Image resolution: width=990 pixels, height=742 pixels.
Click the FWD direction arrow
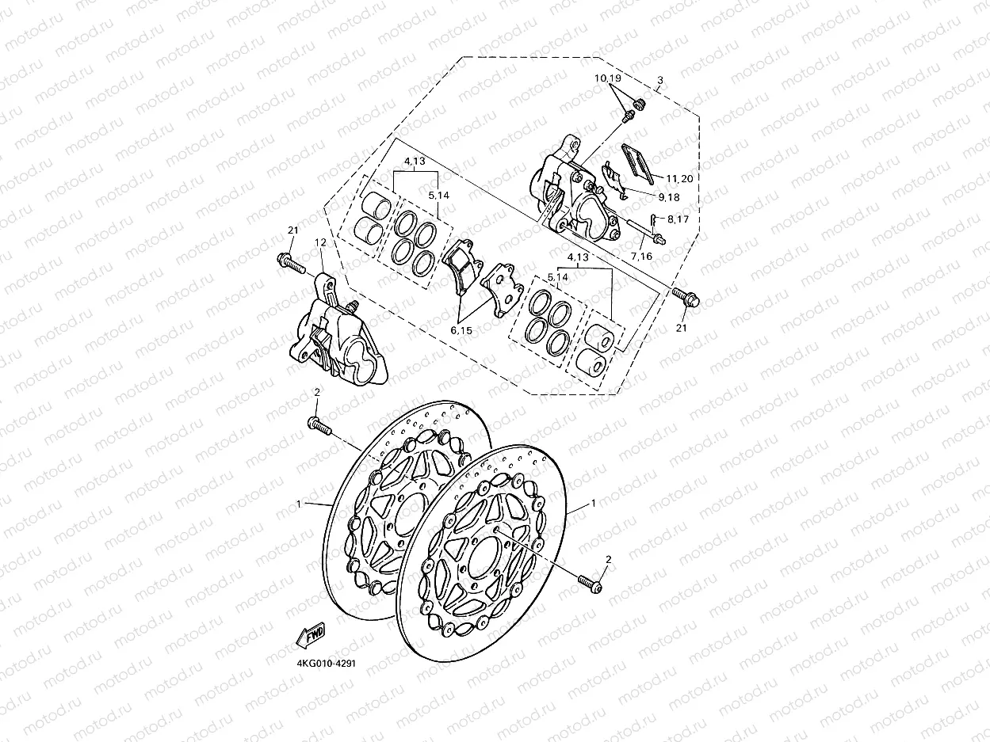310,634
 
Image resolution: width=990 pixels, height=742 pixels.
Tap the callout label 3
659,81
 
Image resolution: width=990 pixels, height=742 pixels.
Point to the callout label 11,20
679,179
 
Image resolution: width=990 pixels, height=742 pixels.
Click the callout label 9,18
667,196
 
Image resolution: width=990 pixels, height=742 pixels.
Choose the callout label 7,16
640,256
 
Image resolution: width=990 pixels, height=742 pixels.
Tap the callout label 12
321,242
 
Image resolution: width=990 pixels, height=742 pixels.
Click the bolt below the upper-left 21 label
291,263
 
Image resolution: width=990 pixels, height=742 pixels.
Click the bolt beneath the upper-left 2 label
319,426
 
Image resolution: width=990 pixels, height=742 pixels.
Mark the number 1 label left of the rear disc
299,504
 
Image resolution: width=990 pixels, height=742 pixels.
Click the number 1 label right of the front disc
592,504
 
